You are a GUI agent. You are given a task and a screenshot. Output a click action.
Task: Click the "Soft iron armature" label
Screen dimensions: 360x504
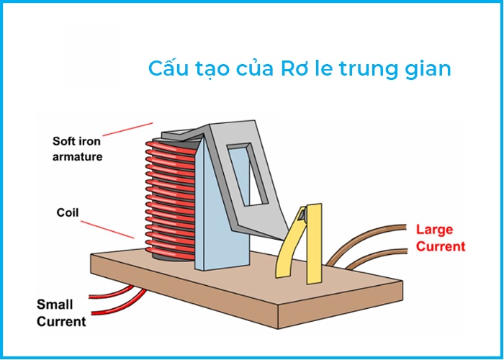[78, 148]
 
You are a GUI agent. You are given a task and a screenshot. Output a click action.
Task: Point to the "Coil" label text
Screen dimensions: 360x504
[68, 212]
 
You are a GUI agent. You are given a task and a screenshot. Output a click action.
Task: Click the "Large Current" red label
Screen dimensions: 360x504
[441, 238]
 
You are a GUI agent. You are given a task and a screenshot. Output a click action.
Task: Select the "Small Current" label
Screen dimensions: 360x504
[61, 312]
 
